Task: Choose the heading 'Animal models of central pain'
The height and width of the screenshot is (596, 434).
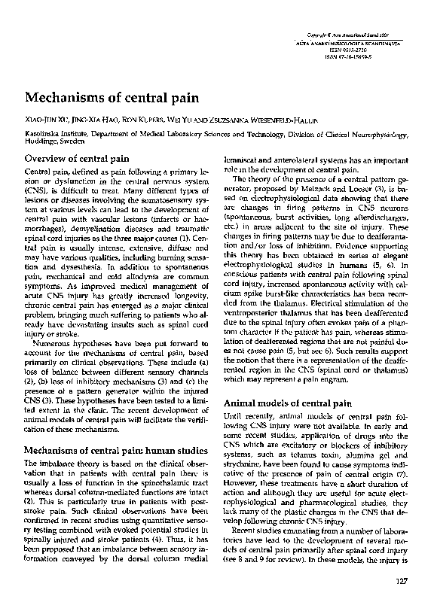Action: (285, 403)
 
